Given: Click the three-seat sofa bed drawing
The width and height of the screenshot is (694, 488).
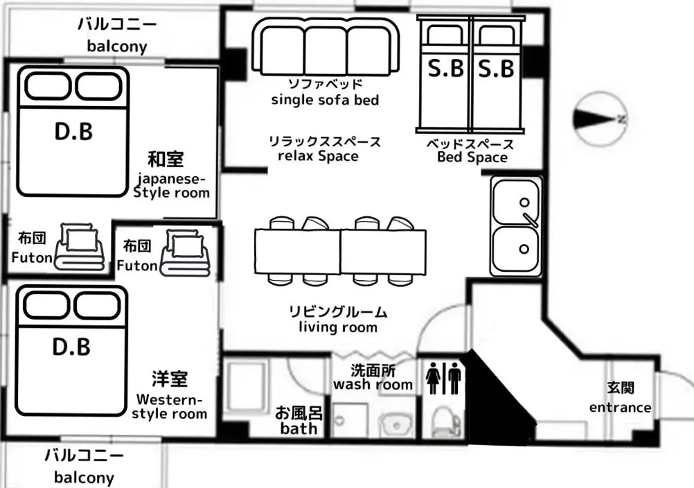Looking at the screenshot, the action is coord(326,46).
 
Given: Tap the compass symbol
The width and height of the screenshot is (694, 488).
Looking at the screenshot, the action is coord(600,119).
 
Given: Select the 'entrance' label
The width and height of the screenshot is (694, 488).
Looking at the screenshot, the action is coord(620,408).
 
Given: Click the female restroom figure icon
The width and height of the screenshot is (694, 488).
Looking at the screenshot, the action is coord(434,378).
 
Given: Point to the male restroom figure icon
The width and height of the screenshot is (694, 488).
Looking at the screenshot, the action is coord(454,378).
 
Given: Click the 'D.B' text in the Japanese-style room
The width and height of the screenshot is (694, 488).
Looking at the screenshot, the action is coord(73,132).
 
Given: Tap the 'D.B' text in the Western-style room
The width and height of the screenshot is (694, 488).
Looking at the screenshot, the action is coord(71,347).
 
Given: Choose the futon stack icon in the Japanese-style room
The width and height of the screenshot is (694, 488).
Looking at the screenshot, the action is coord(80,247).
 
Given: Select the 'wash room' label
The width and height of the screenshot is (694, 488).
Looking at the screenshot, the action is coord(373,385).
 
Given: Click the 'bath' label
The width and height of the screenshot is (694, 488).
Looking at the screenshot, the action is coord(299,428).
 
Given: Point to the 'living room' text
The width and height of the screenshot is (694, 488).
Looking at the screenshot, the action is coord(338,327).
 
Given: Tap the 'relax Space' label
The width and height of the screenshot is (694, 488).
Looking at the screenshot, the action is coord(318,156).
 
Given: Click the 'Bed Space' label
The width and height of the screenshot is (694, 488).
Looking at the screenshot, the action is coord(472,157).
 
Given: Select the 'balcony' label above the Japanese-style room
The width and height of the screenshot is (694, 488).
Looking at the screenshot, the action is coord(117,46).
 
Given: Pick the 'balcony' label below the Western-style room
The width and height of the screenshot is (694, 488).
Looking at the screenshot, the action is coord(84,478).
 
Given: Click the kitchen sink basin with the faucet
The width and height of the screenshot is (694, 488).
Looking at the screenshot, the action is coord(516,202).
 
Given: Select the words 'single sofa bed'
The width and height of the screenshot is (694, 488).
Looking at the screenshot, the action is coord(326,100).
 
